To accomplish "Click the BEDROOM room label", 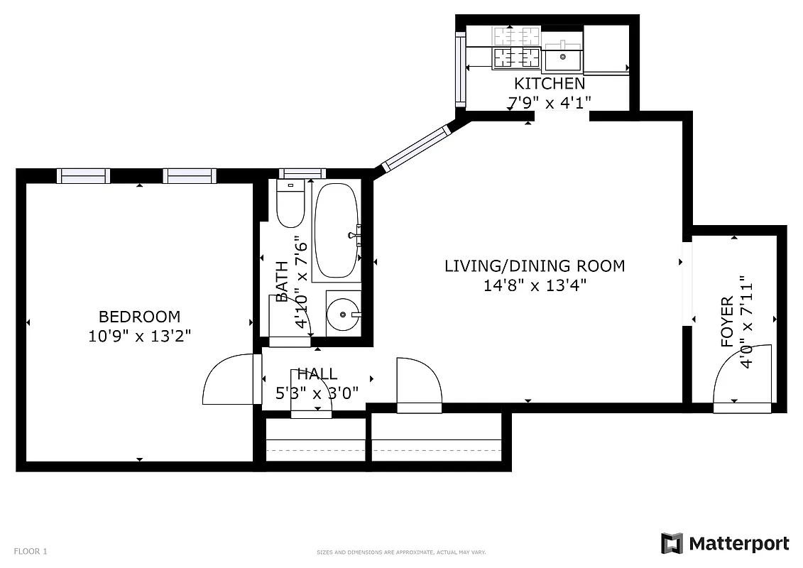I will coord(139,317).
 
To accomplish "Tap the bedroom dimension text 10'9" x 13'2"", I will coord(139,335).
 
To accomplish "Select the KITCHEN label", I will coord(550,84).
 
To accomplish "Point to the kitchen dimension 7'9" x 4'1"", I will coord(550,103).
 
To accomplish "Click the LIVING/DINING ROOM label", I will coord(535,266).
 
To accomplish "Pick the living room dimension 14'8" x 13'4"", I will coord(535,285).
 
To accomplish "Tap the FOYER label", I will coord(727,322).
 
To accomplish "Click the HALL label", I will coord(317,374).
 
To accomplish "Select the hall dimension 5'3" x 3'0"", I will coord(317,392).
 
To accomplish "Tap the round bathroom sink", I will coord(343,313).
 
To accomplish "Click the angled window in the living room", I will coord(416,148).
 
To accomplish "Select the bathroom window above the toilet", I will coord(302,173).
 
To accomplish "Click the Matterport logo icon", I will coord(671,544).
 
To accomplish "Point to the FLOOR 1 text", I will coord(31,551).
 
